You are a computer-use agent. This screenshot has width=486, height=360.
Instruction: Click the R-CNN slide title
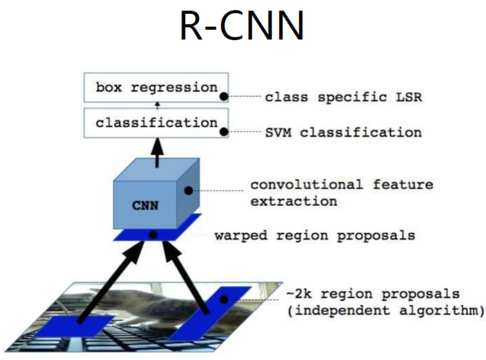click(x=242, y=25)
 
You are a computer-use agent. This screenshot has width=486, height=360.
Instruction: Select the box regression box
click(x=156, y=88)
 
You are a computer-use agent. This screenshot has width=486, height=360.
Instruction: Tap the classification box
click(x=156, y=123)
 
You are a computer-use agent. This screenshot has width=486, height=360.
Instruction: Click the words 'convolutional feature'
click(x=342, y=185)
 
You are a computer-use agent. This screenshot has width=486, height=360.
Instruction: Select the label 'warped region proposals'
click(x=314, y=235)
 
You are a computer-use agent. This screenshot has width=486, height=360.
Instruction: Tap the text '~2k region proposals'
click(x=373, y=294)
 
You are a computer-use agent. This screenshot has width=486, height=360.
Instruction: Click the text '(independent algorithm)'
click(x=385, y=311)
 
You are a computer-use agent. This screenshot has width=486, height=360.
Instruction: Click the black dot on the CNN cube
click(x=187, y=190)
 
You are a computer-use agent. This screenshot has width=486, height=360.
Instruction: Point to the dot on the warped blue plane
click(x=153, y=235)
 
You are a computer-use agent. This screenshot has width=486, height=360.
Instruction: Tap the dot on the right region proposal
click(x=224, y=299)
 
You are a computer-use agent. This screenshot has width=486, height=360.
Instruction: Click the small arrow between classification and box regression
click(x=157, y=104)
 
